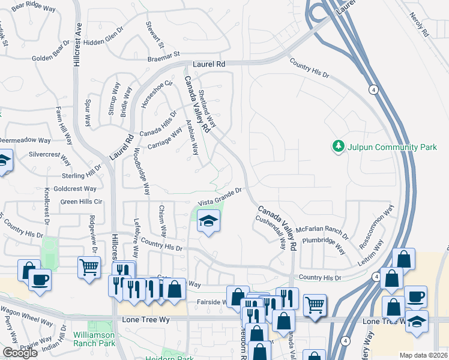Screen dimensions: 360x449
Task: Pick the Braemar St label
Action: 164,56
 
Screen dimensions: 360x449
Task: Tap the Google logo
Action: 20,353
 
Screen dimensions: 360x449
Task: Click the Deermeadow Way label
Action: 24,140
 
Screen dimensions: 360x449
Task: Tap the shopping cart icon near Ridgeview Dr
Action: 89,266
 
